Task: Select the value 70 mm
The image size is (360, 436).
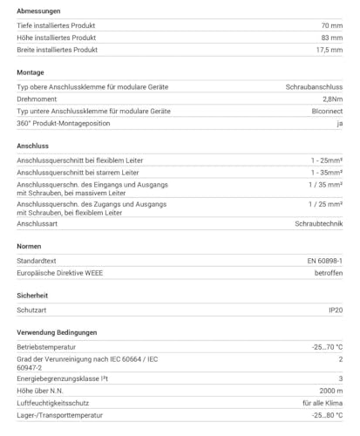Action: click(x=332, y=25)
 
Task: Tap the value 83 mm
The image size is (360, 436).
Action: click(x=332, y=37)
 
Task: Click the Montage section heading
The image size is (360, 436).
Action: click(x=31, y=72)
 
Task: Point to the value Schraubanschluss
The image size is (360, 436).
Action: click(x=314, y=88)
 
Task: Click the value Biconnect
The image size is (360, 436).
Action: click(x=324, y=112)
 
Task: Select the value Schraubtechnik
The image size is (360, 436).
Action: click(x=316, y=223)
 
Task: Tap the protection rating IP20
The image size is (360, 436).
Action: click(x=334, y=310)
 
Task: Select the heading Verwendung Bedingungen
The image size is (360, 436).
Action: click(x=57, y=332)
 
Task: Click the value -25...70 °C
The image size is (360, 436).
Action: click(x=326, y=348)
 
